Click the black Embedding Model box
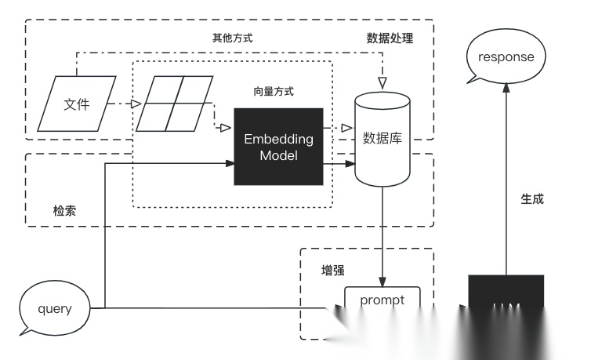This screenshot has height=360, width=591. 278,147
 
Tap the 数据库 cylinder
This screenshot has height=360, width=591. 383,140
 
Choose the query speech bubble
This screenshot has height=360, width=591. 54,308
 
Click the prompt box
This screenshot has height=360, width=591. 383,300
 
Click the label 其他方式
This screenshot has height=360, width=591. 233,38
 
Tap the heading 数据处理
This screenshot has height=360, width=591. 390,38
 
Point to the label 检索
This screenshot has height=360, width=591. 65,211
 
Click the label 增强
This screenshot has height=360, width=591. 333,270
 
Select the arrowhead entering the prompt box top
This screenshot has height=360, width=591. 383,282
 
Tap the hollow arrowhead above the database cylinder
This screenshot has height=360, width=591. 383,82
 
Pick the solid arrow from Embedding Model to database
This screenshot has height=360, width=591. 339,164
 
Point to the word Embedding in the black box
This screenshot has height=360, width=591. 278,139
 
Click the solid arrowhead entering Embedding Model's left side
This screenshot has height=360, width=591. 230,164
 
